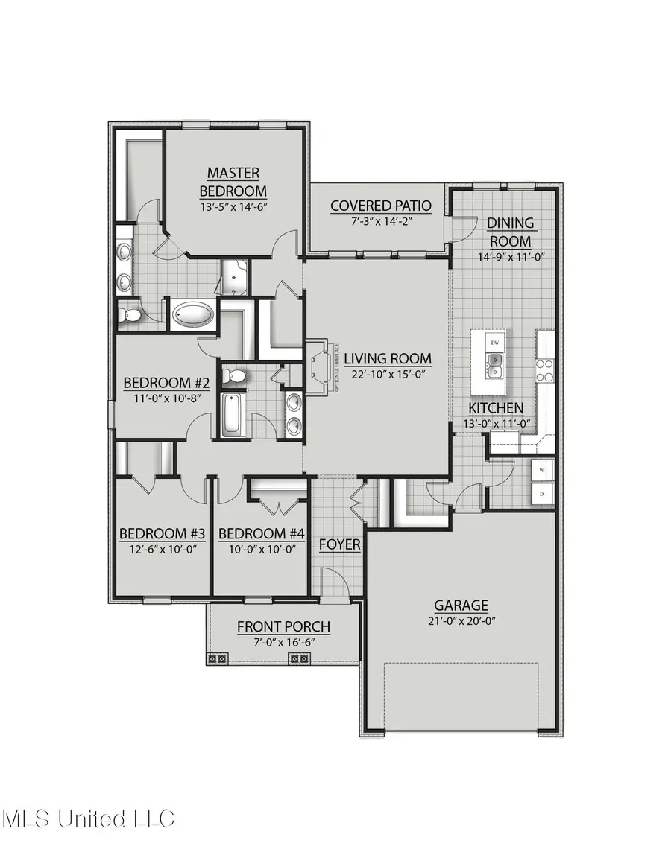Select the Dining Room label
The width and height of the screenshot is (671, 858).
click(x=510, y=232)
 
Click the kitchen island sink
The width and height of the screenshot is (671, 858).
click(x=495, y=363)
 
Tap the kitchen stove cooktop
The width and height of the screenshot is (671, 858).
click(x=545, y=369)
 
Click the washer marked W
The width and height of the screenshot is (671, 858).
click(x=542, y=471)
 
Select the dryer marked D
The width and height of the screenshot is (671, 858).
click(x=542, y=493)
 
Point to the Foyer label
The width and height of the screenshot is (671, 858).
click(x=340, y=545)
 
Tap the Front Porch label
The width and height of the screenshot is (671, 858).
click(x=283, y=627)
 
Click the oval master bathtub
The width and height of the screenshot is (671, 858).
click(x=193, y=315)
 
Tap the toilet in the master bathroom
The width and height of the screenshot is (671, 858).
click(x=130, y=315)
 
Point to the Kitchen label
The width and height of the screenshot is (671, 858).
click(x=496, y=408)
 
